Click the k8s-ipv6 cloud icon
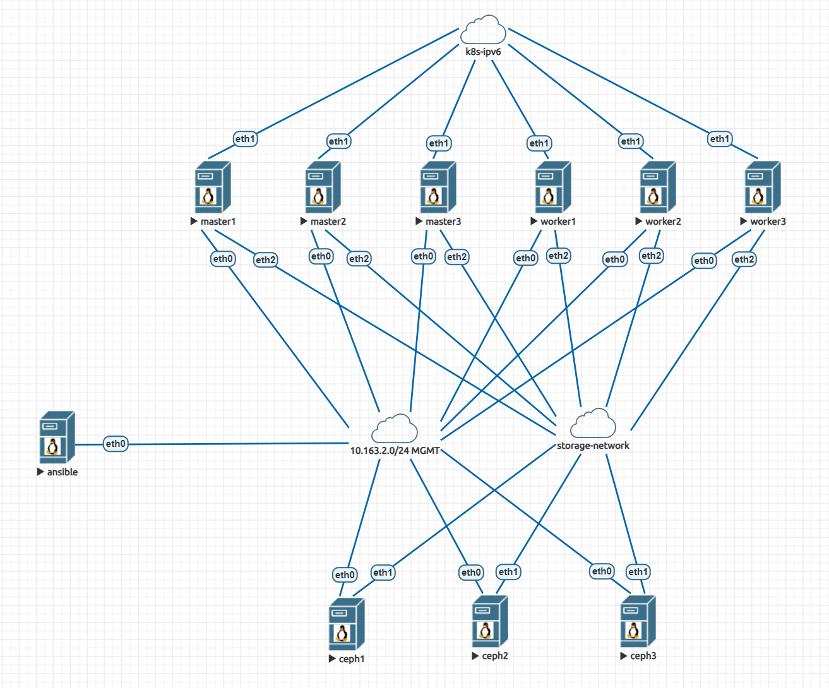tap(483, 30)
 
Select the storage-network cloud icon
tap(593, 424)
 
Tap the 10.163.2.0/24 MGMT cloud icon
tap(395, 429)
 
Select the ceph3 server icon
tap(638, 621)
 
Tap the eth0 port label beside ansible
tap(116, 444)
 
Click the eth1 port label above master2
tap(338, 141)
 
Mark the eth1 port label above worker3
tap(720, 139)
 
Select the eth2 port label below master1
tap(266, 259)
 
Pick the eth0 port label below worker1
tap(525, 258)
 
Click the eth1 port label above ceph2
tap(508, 572)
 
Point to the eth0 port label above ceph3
tap(602, 571)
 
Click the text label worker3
tap(768, 222)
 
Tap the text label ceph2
tap(495, 656)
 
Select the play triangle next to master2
tap(304, 222)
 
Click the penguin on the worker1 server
tap(549, 196)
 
